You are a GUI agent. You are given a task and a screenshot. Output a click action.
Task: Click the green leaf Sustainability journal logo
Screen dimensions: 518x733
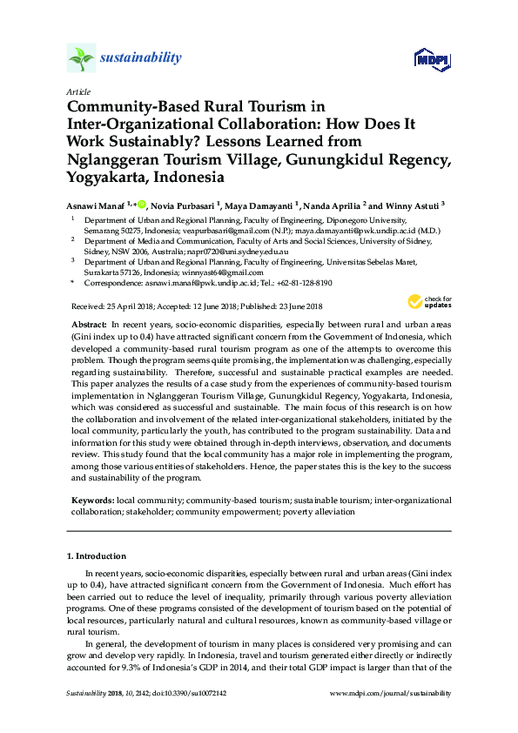tap(81, 59)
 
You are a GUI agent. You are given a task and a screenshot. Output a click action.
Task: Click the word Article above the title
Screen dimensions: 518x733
tap(77, 91)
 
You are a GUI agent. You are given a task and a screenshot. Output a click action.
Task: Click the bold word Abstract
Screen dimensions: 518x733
tap(89, 324)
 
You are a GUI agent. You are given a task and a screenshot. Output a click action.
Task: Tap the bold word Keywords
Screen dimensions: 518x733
tap(91, 501)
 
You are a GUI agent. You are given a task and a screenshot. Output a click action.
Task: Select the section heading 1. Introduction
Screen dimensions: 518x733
tap(96, 555)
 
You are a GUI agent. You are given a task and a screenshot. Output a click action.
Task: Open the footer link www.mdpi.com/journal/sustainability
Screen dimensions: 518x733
tap(392, 693)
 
